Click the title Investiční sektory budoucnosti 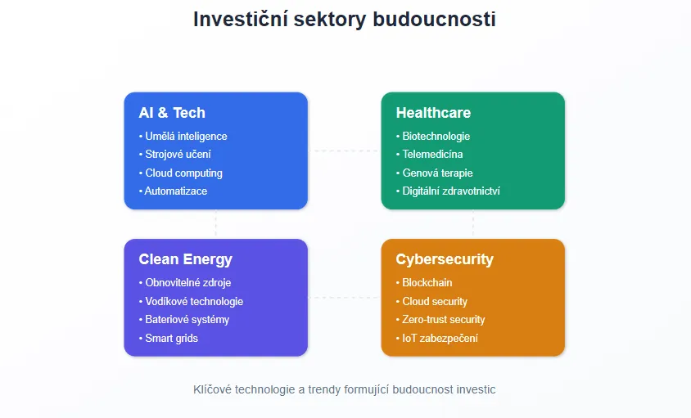344,19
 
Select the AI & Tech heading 172,113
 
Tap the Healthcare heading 433,113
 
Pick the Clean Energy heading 185,259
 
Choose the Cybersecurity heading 445,259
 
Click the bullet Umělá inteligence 185,137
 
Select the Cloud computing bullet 183,173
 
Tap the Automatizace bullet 175,191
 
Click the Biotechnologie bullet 436,137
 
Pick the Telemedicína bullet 432,155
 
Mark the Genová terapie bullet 437,173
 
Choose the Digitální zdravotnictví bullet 450,191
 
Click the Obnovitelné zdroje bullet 188,283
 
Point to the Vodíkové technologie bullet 193,301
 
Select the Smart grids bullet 171,338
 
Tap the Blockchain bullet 427,283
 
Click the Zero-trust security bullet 443,320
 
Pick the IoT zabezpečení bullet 440,338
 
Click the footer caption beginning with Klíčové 344,389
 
